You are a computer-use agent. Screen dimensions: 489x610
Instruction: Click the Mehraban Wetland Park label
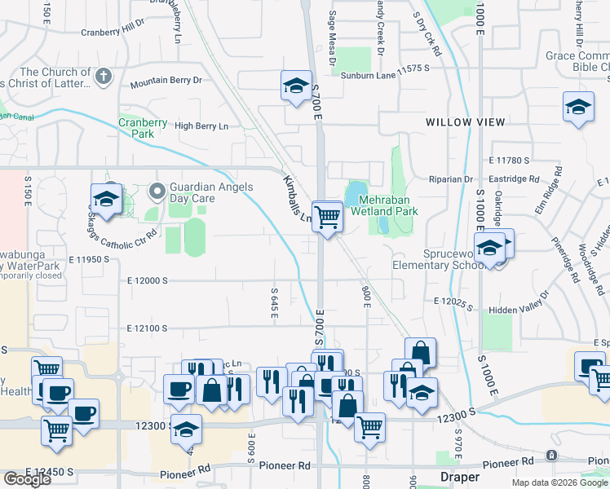[x=384, y=205]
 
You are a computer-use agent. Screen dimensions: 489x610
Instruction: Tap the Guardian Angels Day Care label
[x=205, y=192]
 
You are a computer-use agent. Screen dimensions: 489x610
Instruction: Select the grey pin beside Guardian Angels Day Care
[x=157, y=192]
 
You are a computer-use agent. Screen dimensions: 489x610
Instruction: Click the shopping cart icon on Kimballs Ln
[x=327, y=217]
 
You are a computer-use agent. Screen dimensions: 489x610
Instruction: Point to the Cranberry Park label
[x=143, y=128]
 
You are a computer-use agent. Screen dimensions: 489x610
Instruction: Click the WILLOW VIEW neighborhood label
[x=465, y=122]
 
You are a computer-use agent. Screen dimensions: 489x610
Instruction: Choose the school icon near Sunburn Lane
[x=296, y=86]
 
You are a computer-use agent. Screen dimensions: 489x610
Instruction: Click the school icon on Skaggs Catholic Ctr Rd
[x=105, y=198]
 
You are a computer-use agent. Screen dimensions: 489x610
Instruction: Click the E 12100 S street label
[x=148, y=328]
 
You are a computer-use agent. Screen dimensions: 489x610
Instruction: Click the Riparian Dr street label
[x=451, y=179]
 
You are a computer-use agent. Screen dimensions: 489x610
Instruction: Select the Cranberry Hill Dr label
[x=112, y=33]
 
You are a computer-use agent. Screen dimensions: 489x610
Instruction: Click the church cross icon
[x=103, y=77]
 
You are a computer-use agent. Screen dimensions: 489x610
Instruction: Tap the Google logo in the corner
[x=27, y=479]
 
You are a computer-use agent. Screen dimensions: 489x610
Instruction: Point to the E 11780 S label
[x=510, y=161]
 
